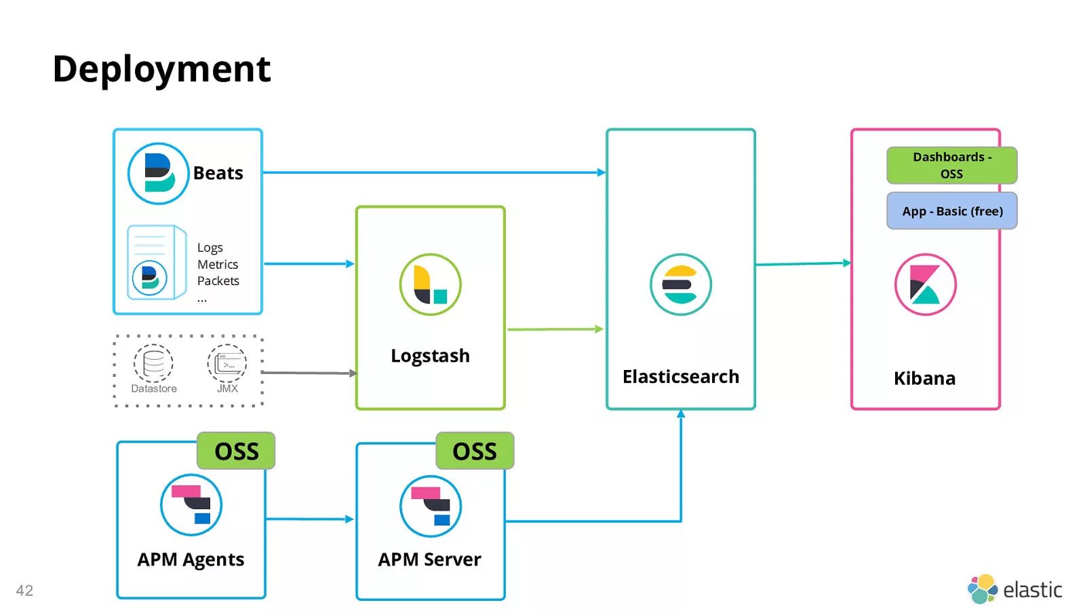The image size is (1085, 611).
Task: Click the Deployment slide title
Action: [x=161, y=69]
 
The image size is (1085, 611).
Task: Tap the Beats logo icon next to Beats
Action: [x=158, y=173]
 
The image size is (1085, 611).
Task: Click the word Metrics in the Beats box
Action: [x=218, y=264]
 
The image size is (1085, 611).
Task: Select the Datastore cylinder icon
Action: [x=153, y=363]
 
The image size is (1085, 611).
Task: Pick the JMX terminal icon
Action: [x=227, y=363]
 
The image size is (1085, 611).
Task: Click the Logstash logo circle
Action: [x=430, y=284]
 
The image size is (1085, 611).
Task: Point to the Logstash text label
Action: [x=430, y=356]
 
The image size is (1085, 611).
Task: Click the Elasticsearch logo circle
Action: [x=680, y=284]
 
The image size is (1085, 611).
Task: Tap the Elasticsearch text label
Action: [x=680, y=377]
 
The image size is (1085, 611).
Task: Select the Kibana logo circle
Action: [x=925, y=284]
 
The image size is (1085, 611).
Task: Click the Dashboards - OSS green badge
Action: [x=951, y=165]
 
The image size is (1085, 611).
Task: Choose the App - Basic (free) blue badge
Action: [x=951, y=211]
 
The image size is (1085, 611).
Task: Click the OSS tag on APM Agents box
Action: [x=236, y=451]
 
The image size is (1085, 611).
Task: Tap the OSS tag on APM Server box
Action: [x=475, y=451]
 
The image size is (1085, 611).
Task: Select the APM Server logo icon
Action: [x=431, y=506]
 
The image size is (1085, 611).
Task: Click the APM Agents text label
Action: [x=191, y=559]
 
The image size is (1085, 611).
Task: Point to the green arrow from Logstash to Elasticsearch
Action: [x=555, y=329]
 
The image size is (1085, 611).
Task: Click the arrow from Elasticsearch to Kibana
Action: [x=803, y=263]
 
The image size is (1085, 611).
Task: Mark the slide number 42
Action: [x=24, y=591]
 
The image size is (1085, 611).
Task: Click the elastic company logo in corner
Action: [x=1014, y=589]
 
